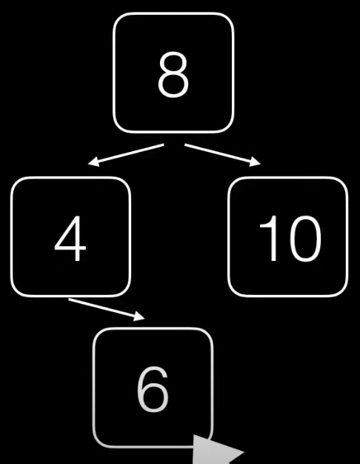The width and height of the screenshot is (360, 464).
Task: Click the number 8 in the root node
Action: tap(173, 75)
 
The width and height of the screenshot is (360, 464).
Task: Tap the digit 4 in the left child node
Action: tap(70, 239)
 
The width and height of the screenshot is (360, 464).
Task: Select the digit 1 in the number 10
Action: tap(269, 239)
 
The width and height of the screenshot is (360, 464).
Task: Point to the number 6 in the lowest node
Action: tap(153, 389)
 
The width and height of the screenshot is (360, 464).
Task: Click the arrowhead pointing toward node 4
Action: tap(93, 162)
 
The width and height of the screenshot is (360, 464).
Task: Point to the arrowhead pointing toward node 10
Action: tap(255, 162)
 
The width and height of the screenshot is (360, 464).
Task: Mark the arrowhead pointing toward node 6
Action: tap(139, 316)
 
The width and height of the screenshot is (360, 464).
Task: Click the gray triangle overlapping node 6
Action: tap(215, 450)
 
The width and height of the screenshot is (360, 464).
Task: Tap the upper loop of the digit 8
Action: tap(173, 63)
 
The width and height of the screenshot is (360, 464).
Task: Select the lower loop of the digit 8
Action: tap(173, 85)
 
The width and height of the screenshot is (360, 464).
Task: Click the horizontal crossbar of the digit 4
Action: tap(70, 251)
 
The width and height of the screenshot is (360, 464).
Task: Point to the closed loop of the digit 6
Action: tap(153, 398)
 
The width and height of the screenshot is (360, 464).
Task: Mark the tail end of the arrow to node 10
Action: tap(185, 145)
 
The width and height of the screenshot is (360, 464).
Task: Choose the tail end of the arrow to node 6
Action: tap(69, 299)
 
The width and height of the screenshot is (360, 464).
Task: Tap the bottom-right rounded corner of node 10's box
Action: tap(342, 291)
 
